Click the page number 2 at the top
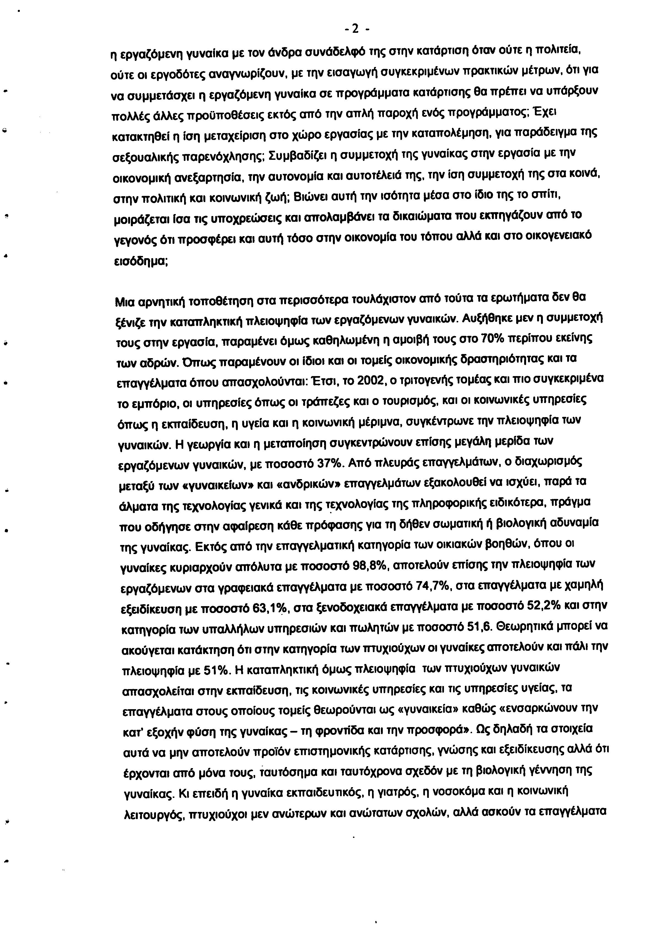click(355, 29)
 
